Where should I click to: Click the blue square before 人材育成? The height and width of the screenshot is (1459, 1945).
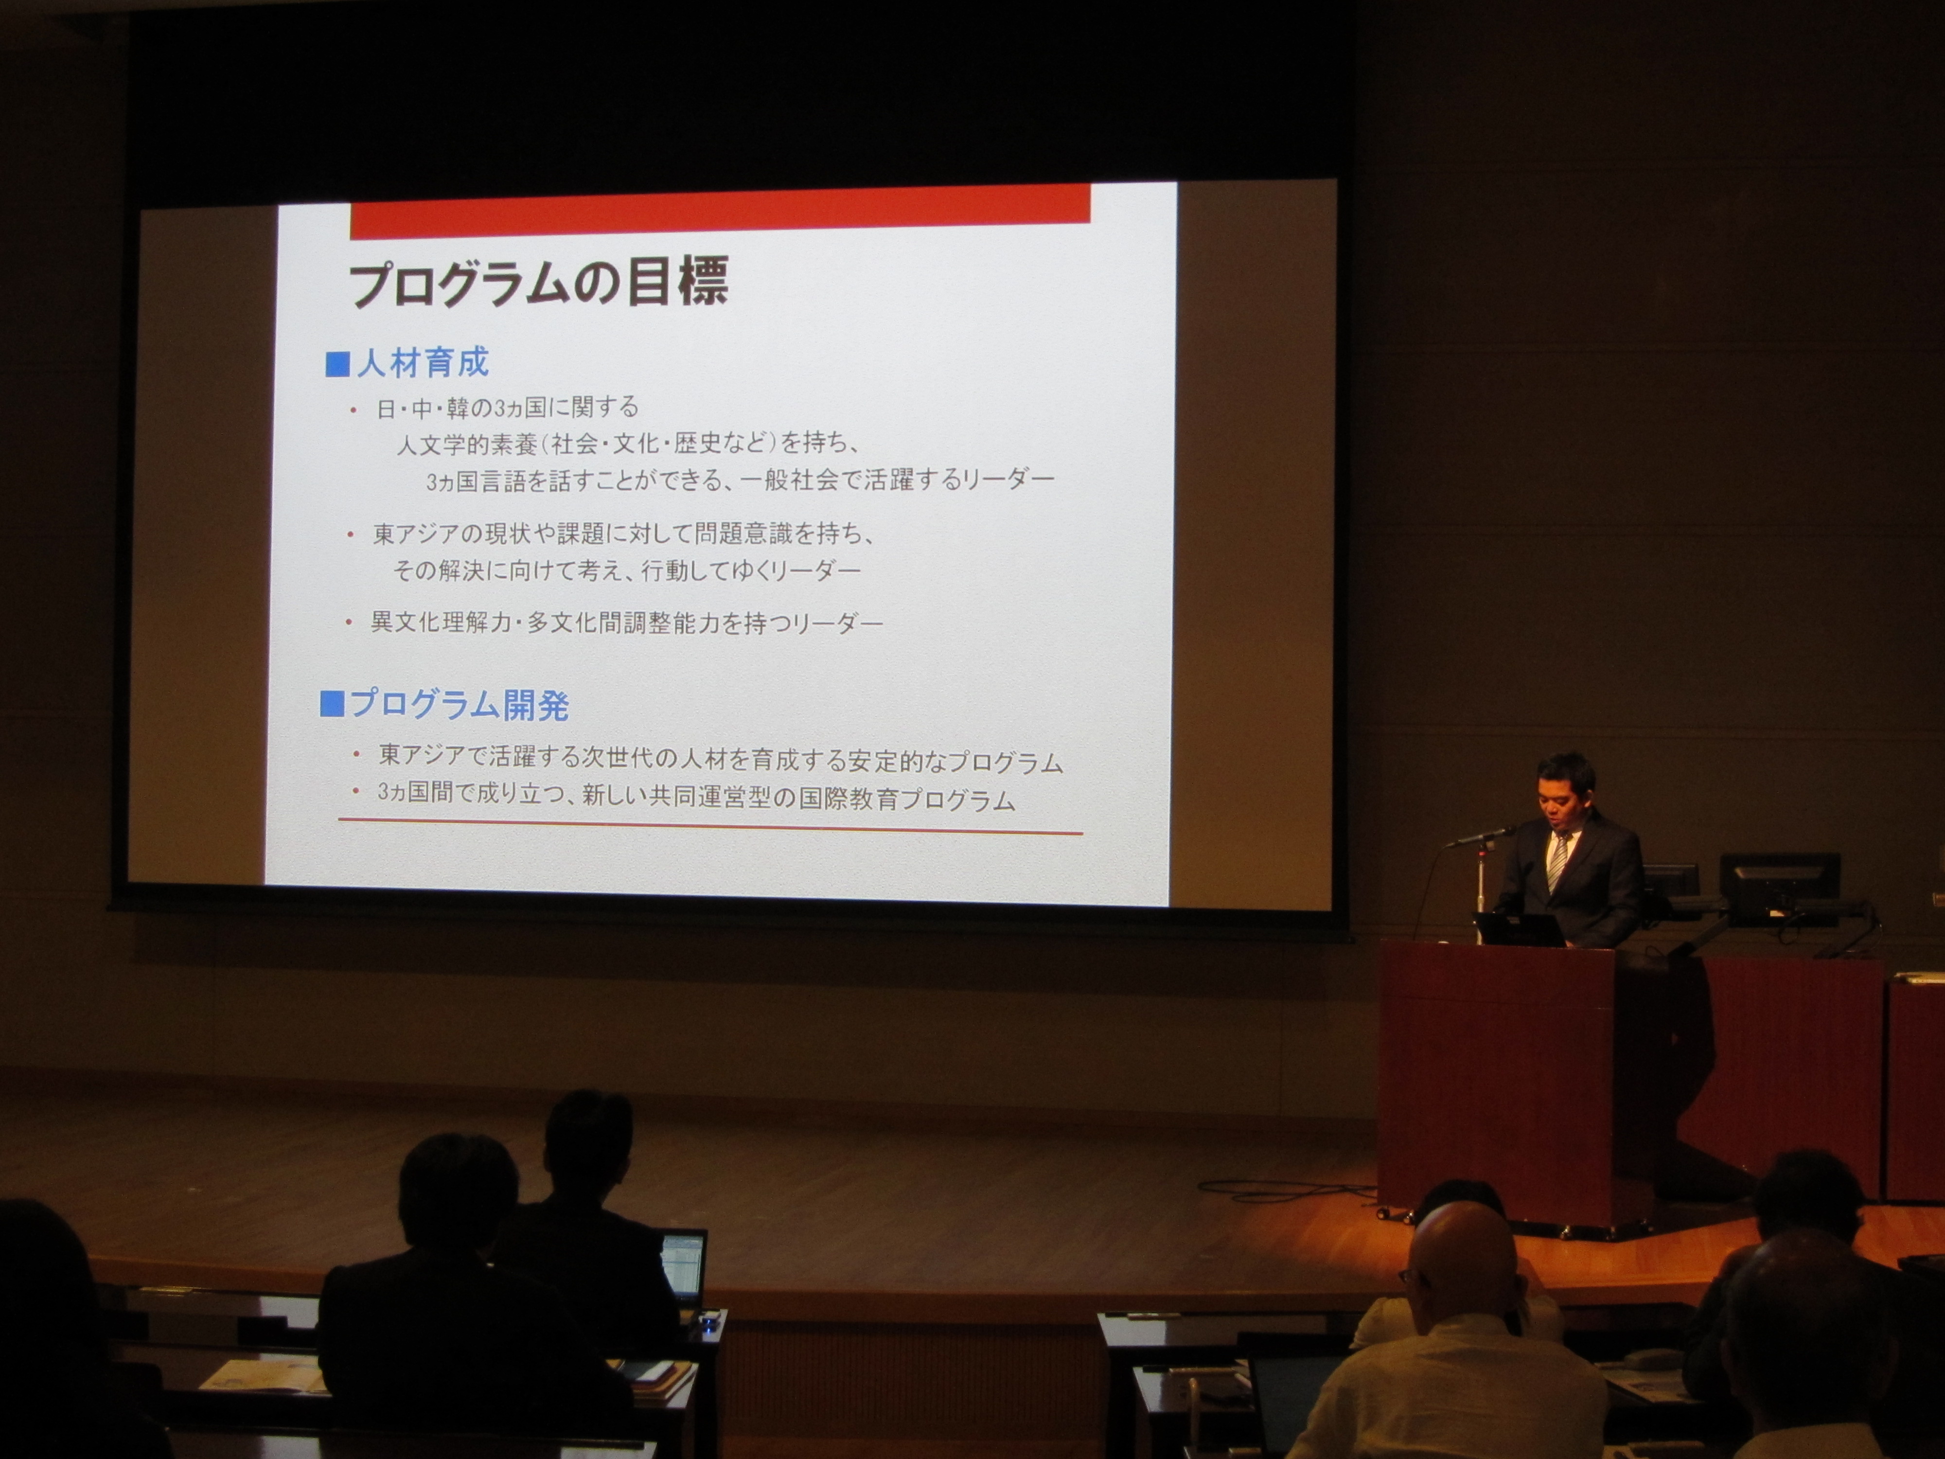(x=337, y=364)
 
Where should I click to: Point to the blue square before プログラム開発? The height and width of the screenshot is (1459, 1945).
(x=333, y=704)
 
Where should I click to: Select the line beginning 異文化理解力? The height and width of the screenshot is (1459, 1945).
(x=626, y=623)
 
